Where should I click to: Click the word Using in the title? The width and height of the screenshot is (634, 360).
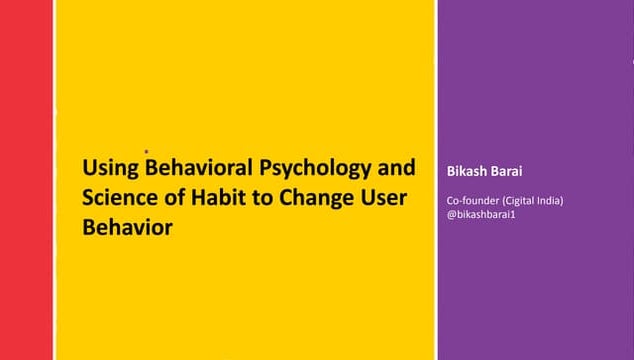pyautogui.click(x=110, y=167)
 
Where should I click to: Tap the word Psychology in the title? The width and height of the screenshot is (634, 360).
pyautogui.click(x=302, y=167)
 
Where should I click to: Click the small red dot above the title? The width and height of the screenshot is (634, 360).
pyautogui.click(x=146, y=153)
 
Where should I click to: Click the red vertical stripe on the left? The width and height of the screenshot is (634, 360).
pyautogui.click(x=26, y=180)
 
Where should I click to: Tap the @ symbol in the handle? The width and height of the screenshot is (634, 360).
pyautogui.click(x=452, y=215)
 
